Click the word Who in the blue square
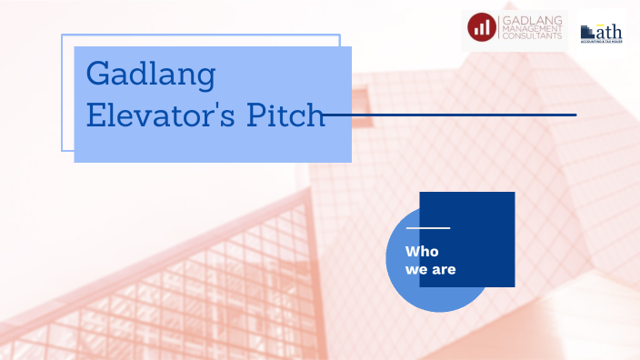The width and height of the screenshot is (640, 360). pyautogui.click(x=421, y=251)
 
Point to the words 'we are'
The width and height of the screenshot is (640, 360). pyautogui.click(x=430, y=269)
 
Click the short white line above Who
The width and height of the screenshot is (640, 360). pyautogui.click(x=427, y=227)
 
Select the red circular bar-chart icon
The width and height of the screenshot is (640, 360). pyautogui.click(x=482, y=28)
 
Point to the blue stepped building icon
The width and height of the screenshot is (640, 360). pyautogui.click(x=587, y=32)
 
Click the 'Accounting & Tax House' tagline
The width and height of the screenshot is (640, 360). pyautogui.click(x=601, y=43)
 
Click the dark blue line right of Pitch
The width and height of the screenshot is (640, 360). pyautogui.click(x=455, y=115)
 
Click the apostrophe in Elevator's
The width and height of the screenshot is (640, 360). pyautogui.click(x=205, y=108)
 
